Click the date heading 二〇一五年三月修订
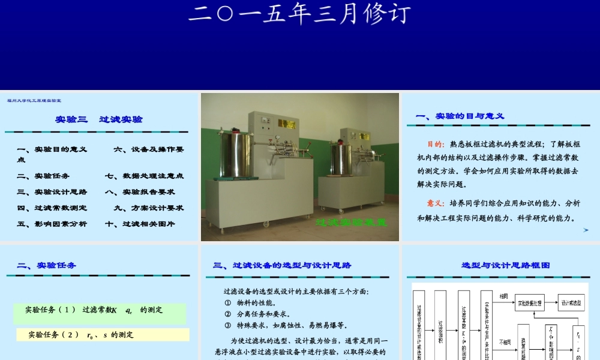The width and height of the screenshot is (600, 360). pyautogui.click(x=299, y=14)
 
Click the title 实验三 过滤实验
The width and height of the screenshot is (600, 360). pyautogui.click(x=99, y=119)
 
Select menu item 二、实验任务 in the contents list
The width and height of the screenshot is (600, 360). pyautogui.click(x=43, y=176)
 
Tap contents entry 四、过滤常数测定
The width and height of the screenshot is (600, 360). pyautogui.click(x=52, y=208)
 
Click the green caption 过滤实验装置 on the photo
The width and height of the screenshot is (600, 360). pyautogui.click(x=351, y=223)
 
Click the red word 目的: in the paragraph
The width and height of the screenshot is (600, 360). pyautogui.click(x=436, y=144)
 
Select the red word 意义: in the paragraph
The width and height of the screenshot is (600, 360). pyautogui.click(x=436, y=203)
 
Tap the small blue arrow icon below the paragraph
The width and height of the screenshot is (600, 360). pyautogui.click(x=586, y=230)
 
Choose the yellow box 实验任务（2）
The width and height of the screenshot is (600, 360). pyautogui.click(x=102, y=335)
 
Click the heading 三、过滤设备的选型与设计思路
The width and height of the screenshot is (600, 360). pyautogui.click(x=282, y=265)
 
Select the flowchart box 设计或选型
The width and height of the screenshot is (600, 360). pyautogui.click(x=571, y=303)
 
